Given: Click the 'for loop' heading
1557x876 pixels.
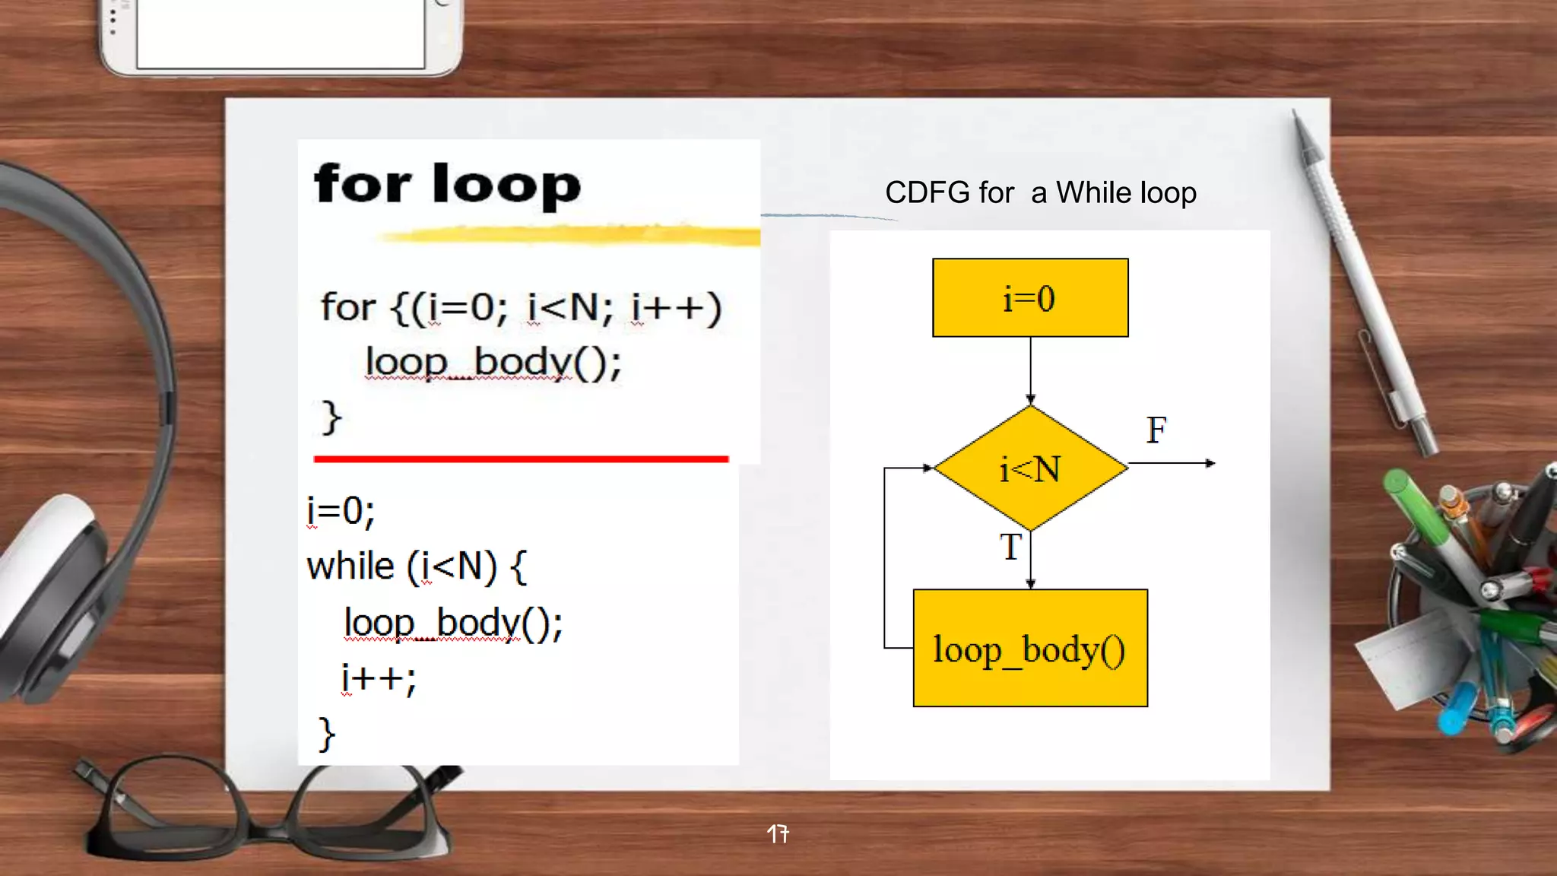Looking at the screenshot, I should click(x=447, y=185).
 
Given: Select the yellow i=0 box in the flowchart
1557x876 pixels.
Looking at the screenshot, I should click(x=1030, y=297).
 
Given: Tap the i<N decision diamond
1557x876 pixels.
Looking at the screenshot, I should click(x=1030, y=468).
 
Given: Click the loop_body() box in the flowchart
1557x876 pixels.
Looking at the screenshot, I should click(x=1030, y=649).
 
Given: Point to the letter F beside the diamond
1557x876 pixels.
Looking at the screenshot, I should click(x=1156, y=430).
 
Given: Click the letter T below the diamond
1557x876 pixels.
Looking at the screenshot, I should click(x=1010, y=547).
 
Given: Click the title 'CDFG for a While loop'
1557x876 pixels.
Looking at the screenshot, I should click(x=1040, y=193).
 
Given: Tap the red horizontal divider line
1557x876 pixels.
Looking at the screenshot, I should click(x=521, y=459).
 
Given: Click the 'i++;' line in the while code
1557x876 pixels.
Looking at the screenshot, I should click(x=379, y=678).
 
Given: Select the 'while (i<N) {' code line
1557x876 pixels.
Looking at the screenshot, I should click(x=417, y=567).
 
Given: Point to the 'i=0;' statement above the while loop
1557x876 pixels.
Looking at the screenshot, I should click(x=341, y=511).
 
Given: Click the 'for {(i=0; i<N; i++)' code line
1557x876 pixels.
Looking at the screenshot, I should click(x=521, y=308).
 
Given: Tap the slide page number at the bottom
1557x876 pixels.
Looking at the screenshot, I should click(x=778, y=834).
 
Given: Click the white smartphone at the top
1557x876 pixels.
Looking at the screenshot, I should click(x=280, y=34).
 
